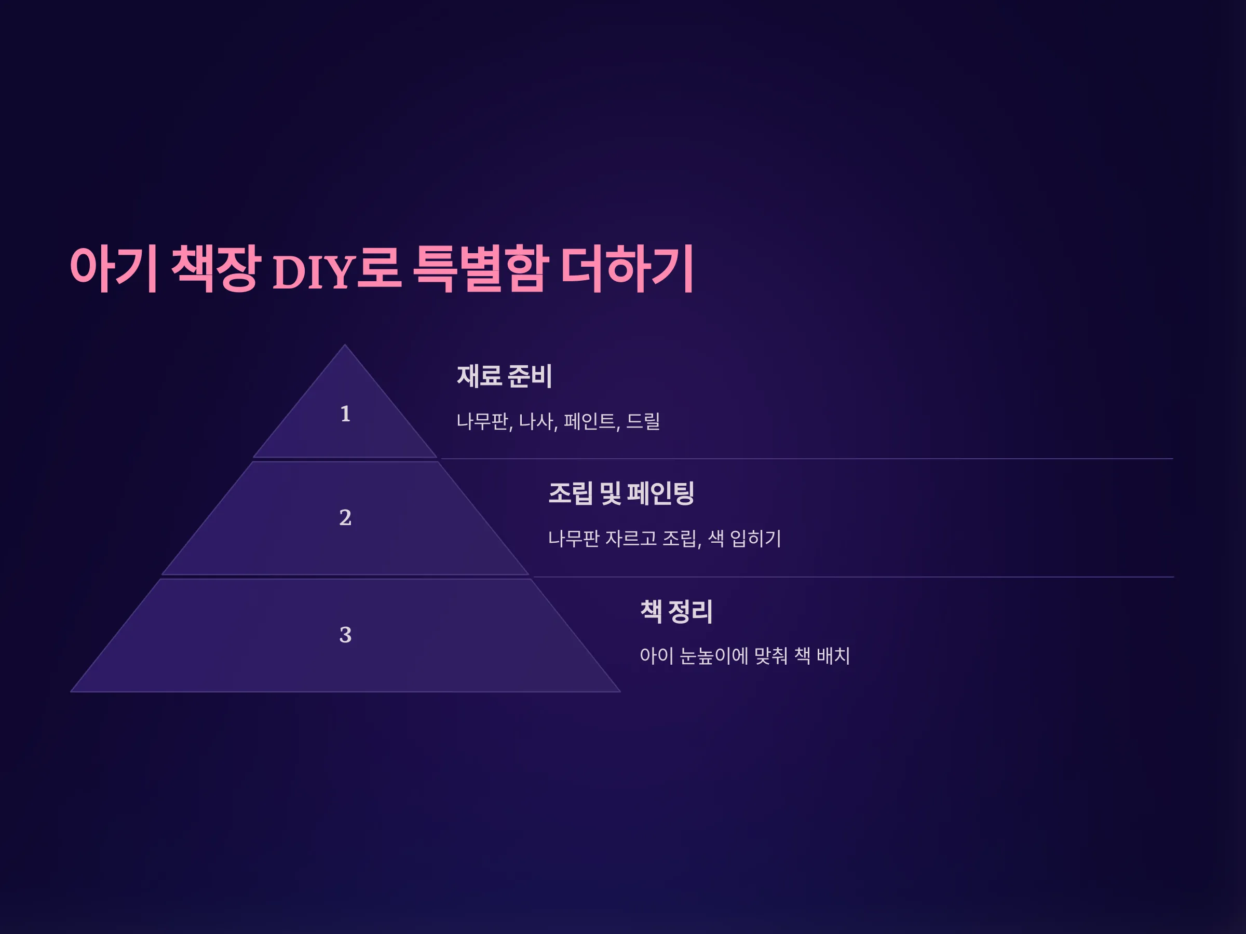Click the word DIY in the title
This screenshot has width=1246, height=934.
coord(313,272)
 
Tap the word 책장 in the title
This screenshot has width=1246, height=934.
coord(216,269)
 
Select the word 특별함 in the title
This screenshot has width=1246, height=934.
coord(480,269)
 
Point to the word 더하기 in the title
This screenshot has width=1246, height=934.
coord(628,269)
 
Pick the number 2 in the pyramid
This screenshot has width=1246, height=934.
coord(345,518)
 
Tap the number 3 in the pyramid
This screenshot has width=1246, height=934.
coord(345,635)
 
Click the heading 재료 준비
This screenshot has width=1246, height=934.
coord(504,376)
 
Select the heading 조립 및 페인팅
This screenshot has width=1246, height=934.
coord(621,493)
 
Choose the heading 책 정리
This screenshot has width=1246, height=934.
coord(676,611)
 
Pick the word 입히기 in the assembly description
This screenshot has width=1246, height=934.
coord(756,539)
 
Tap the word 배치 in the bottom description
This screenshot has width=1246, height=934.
coord(833,656)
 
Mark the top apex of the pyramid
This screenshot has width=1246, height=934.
coord(345,345)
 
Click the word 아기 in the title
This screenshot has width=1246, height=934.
coord(114,269)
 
